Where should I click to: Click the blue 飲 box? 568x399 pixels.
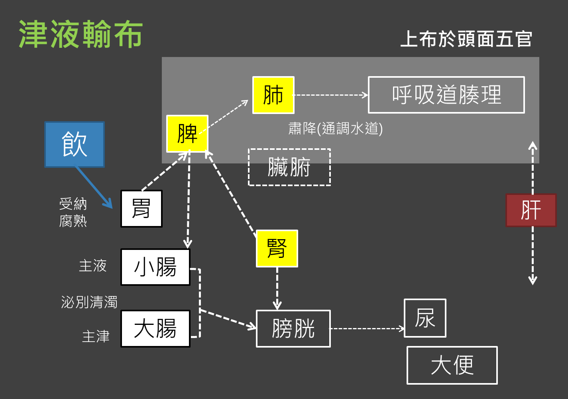(75, 144)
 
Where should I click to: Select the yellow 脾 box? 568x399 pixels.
(187, 134)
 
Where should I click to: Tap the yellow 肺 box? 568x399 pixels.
(273, 95)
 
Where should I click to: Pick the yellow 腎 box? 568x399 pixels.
(277, 248)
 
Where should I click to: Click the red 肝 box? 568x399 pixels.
(531, 210)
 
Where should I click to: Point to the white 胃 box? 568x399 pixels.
(142, 209)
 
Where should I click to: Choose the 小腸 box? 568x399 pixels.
(155, 267)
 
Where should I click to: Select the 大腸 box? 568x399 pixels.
(155, 329)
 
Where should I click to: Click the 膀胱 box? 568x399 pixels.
(293, 329)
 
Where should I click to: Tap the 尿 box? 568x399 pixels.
(425, 318)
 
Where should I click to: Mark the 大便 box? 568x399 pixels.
(452, 365)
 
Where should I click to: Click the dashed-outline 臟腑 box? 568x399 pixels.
(289, 167)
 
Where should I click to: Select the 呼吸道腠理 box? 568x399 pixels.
(446, 95)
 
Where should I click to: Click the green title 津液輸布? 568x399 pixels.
(81, 35)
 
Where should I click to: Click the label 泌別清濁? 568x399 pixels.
(89, 302)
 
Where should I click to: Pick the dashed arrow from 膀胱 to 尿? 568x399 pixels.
(367, 328)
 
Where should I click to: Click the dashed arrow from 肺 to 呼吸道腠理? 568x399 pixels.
(331, 95)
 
